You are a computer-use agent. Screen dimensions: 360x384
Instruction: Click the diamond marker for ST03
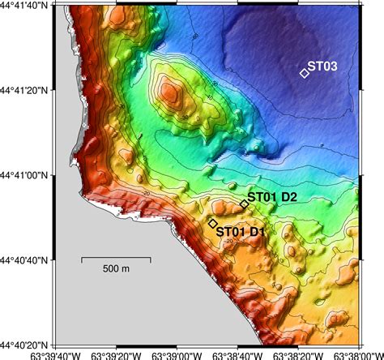click(305, 72)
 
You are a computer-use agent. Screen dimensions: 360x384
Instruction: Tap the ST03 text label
click(324, 66)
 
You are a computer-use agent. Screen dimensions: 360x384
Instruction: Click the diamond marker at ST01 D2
click(243, 204)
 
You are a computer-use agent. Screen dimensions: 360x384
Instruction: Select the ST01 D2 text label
click(272, 197)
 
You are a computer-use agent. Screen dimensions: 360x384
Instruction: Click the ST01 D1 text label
click(241, 232)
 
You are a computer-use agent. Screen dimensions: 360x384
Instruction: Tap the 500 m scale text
click(116, 268)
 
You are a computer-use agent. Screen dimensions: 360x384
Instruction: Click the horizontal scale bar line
click(116, 258)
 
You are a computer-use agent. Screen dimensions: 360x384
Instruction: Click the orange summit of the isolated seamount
click(170, 91)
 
